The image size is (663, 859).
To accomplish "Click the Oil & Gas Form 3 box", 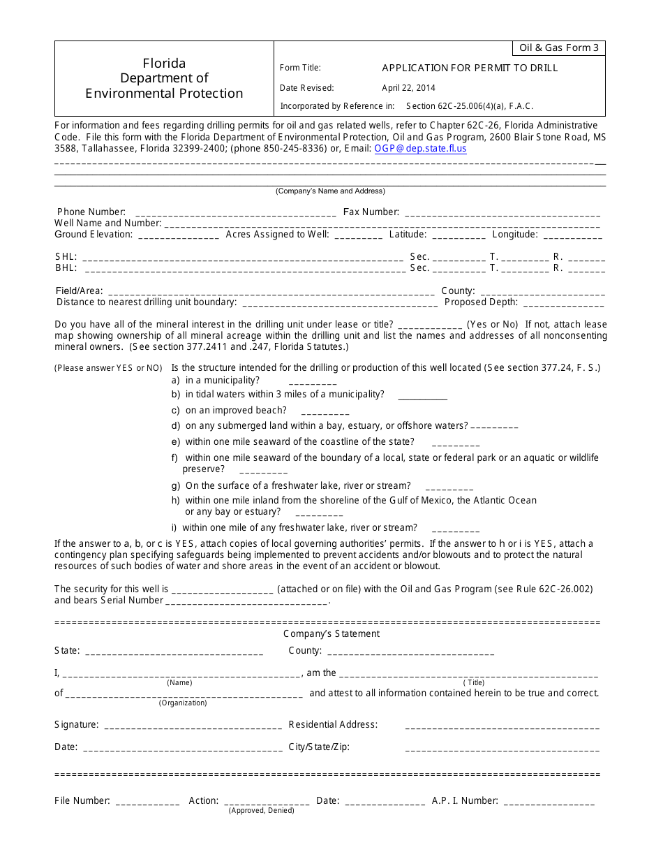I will (x=559, y=48).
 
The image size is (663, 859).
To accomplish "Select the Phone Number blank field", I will (x=235, y=213).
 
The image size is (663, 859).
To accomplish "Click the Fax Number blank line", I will (x=502, y=213).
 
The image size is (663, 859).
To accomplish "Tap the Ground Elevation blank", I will (x=179, y=235).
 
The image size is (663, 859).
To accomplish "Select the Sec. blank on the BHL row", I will (x=459, y=268).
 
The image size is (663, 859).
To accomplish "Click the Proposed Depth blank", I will (x=563, y=303).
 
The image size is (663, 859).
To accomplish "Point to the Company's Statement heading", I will (x=331, y=634).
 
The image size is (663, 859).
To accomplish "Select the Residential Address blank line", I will (x=502, y=726).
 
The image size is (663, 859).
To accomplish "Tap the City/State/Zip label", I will (x=319, y=747).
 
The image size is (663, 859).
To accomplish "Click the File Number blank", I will (x=147, y=802).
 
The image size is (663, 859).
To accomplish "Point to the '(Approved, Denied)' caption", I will (x=262, y=811).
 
